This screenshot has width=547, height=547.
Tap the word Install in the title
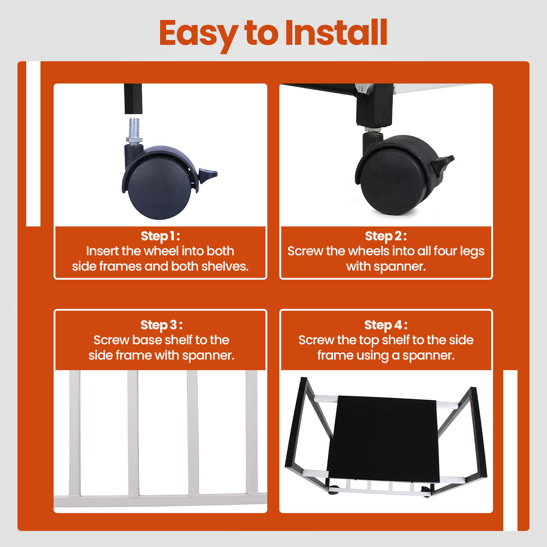pyautogui.click(x=336, y=32)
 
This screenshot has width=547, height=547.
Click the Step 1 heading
pyautogui.click(x=160, y=236)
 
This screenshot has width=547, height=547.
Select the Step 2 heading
pyautogui.click(x=386, y=236)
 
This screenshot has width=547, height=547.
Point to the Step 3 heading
pyautogui.click(x=161, y=325)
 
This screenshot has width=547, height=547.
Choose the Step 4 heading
pyautogui.click(x=386, y=325)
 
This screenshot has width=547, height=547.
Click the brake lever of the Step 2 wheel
pyautogui.click(x=443, y=163)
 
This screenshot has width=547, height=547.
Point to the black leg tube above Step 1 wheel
pyautogui.click(x=133, y=99)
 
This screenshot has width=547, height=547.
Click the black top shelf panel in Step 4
pyautogui.click(x=383, y=438)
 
